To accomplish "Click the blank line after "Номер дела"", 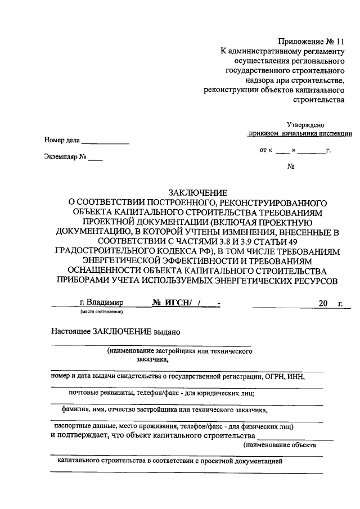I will coord(106,141).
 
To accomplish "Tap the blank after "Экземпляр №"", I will coord(95,158).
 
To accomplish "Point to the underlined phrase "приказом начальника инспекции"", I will coord(300,134).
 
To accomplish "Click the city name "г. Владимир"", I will coord(102,303).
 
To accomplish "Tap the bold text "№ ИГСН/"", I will coord(172,303).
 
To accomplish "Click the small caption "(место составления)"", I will coord(102,311).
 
